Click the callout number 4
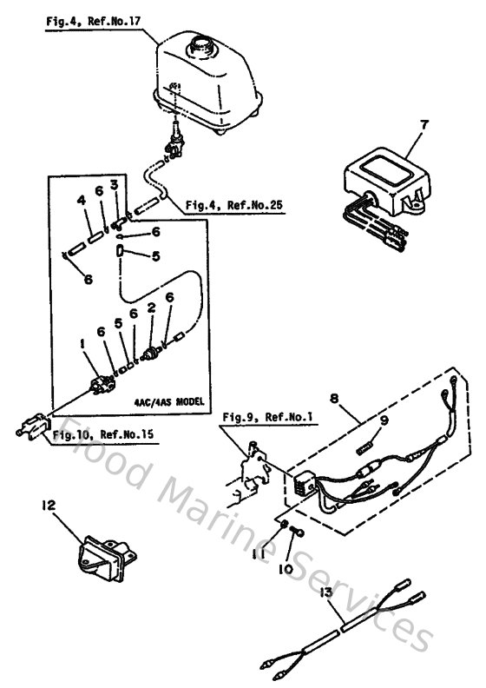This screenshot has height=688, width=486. click(80, 201)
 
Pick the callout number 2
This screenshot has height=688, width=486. click(151, 308)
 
